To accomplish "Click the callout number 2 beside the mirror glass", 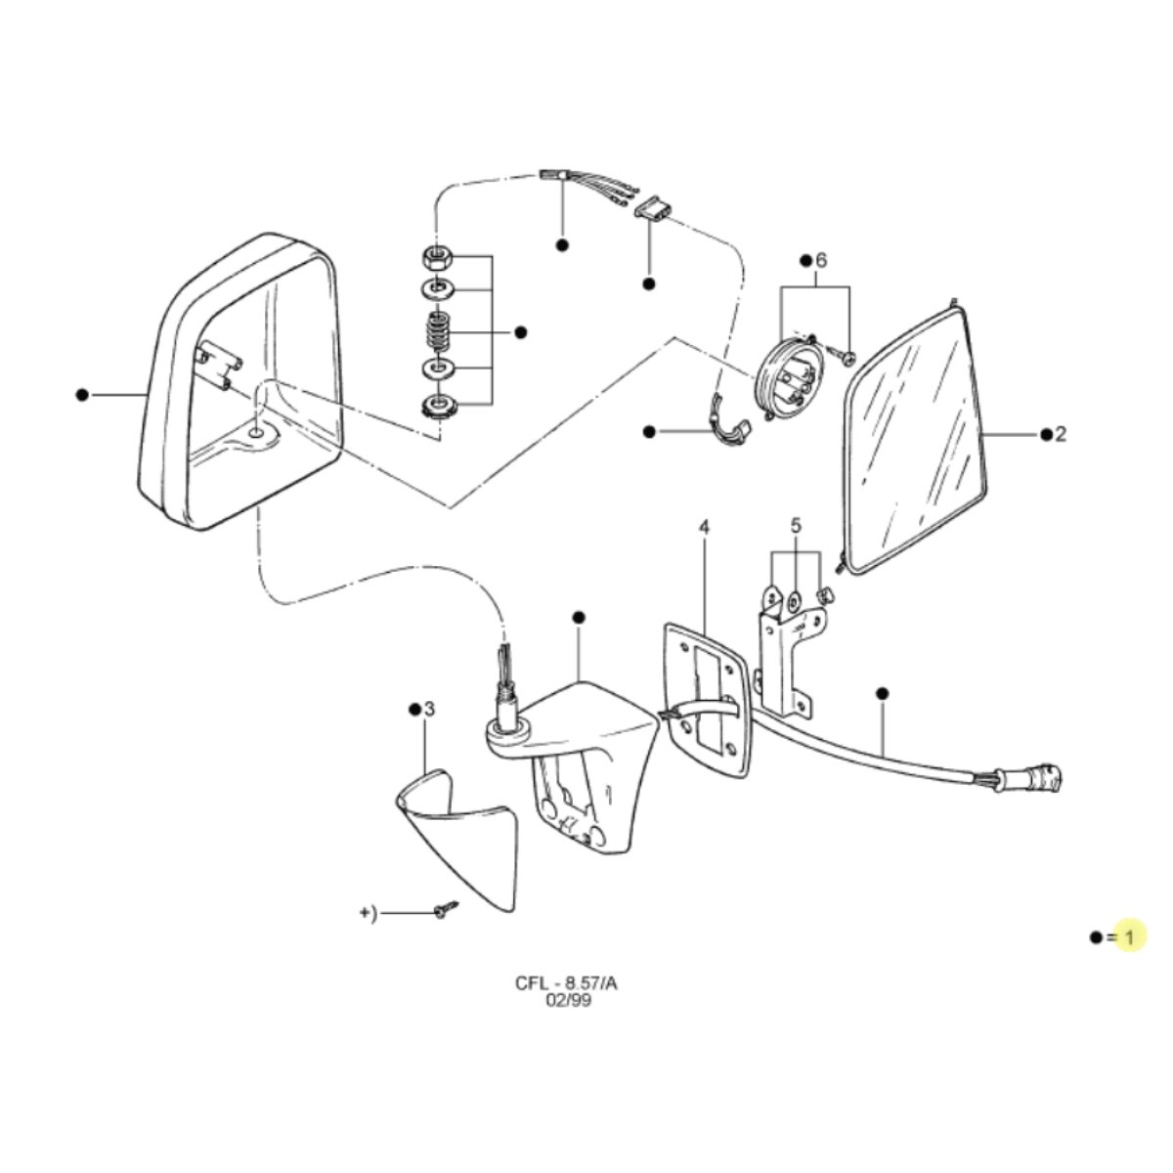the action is click(1061, 434).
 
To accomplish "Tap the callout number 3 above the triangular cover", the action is click(430, 709).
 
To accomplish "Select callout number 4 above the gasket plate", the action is click(704, 527).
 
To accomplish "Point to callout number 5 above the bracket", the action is click(797, 526).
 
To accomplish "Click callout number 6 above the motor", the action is click(821, 261).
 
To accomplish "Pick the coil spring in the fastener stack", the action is click(435, 330).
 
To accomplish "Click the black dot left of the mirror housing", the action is click(82, 395).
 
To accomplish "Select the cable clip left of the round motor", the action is click(730, 421).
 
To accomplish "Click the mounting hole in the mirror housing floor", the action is click(256, 432).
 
